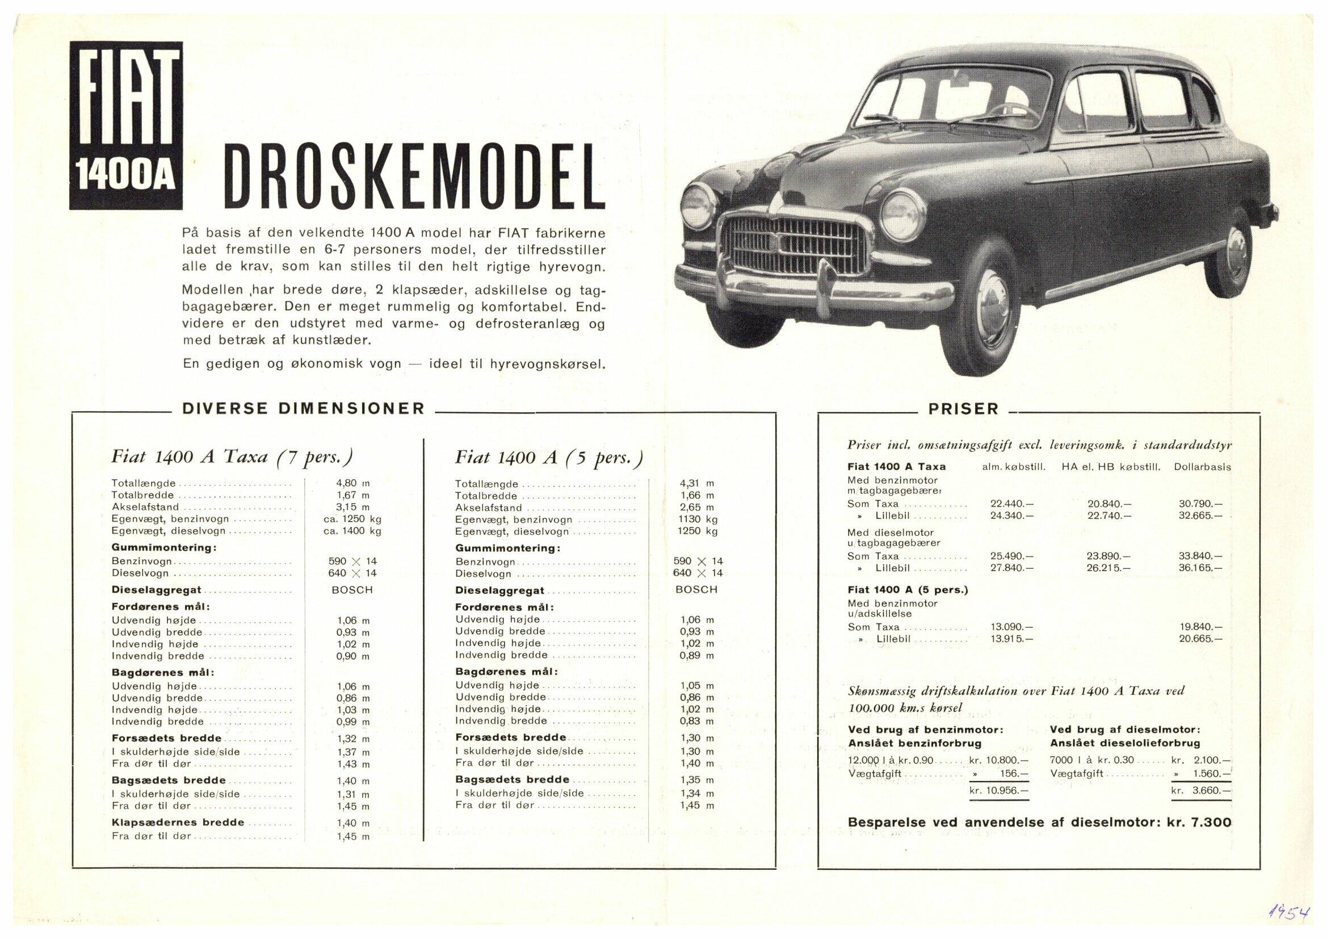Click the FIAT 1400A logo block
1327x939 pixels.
coord(125,125)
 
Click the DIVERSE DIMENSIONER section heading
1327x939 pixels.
coord(304,409)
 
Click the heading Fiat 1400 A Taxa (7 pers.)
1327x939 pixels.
coord(232,458)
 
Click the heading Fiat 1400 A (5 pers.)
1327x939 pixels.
coord(548,458)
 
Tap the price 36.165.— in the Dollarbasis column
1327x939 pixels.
coord(1200,568)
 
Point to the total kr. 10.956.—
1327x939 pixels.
coord(1000,790)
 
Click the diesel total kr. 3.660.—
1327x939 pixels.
coord(1201,790)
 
